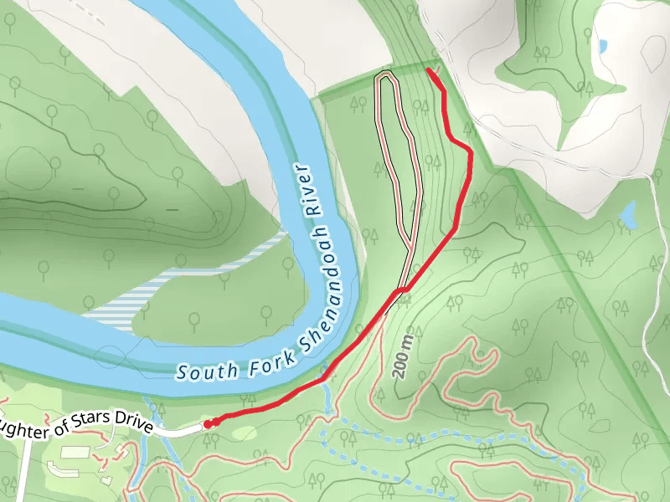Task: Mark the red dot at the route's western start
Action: (208, 424)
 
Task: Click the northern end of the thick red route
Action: (429, 71)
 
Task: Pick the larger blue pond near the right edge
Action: (628, 216)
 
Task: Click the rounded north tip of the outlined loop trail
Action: (385, 76)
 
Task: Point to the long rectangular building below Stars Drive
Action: (75, 453)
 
